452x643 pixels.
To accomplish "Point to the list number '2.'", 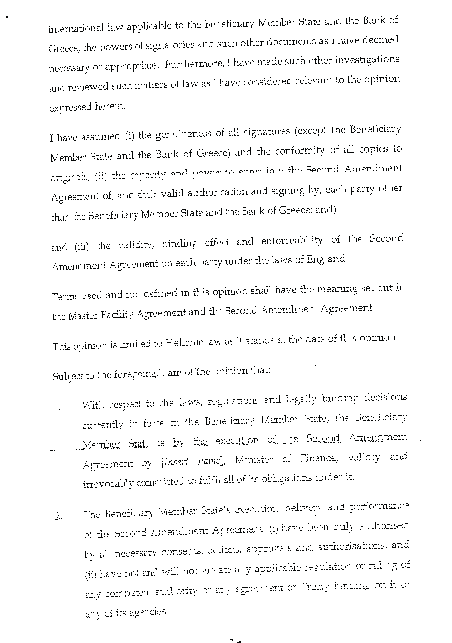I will click(x=58, y=516).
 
